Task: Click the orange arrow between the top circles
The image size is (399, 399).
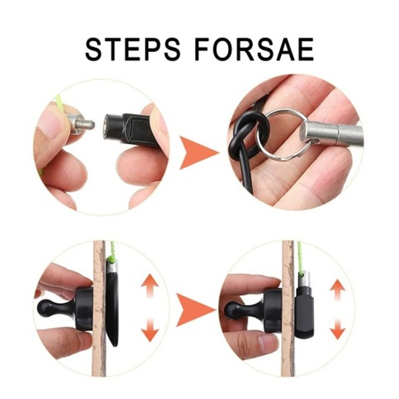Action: (198, 152)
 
